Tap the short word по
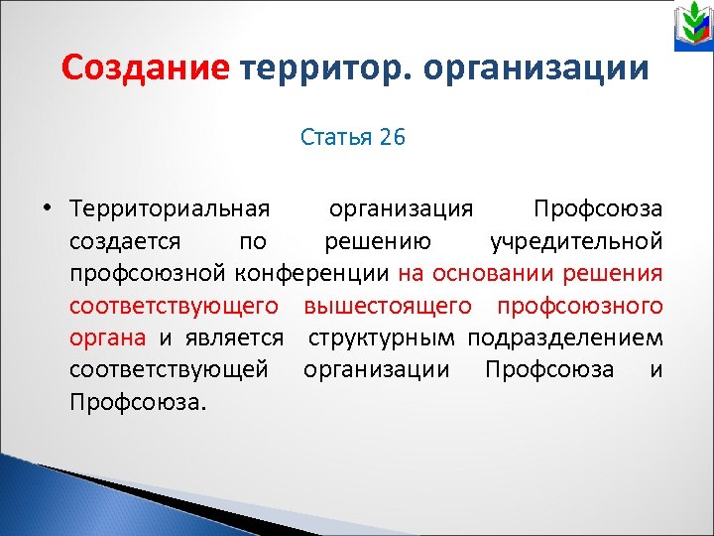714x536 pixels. click(253, 240)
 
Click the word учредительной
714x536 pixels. click(576, 240)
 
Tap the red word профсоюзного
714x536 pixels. click(579, 306)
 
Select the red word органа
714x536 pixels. click(107, 337)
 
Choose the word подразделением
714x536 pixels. click(565, 337)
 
